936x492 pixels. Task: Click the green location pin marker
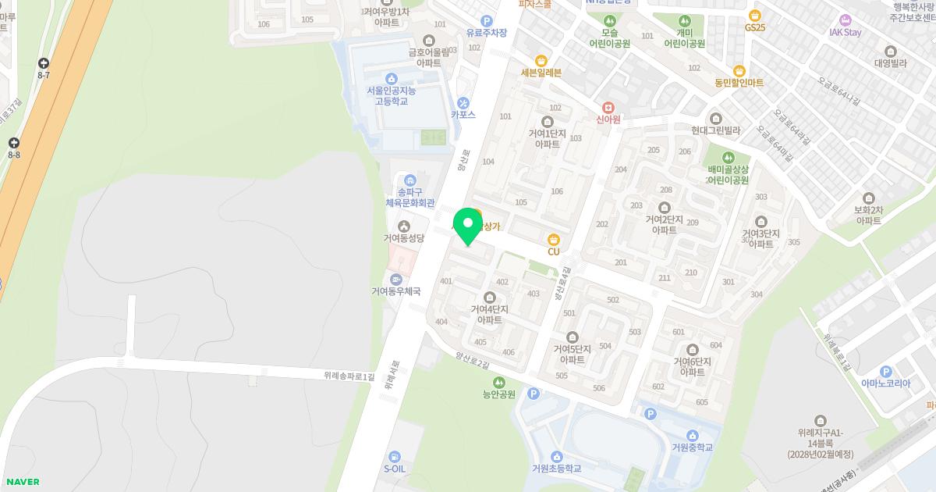tap(468, 226)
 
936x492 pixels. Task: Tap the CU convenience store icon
tap(554, 239)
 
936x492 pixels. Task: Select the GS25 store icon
tap(754, 16)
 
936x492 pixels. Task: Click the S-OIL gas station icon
tap(395, 457)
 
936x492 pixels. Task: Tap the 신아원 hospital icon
tap(608, 107)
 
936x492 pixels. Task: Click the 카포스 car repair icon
tap(463, 102)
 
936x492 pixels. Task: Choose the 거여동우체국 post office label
tap(395, 291)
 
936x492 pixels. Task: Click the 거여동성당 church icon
tap(403, 226)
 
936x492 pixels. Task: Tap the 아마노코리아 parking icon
tap(885, 372)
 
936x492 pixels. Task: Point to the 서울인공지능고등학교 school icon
tap(392, 78)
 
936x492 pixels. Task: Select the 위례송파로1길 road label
tap(349, 376)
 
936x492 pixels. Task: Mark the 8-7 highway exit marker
tap(44, 63)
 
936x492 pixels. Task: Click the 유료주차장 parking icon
tap(487, 21)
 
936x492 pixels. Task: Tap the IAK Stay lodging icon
tap(846, 20)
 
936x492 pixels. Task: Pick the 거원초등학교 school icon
tap(556, 457)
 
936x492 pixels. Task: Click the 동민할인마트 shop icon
tap(739, 70)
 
